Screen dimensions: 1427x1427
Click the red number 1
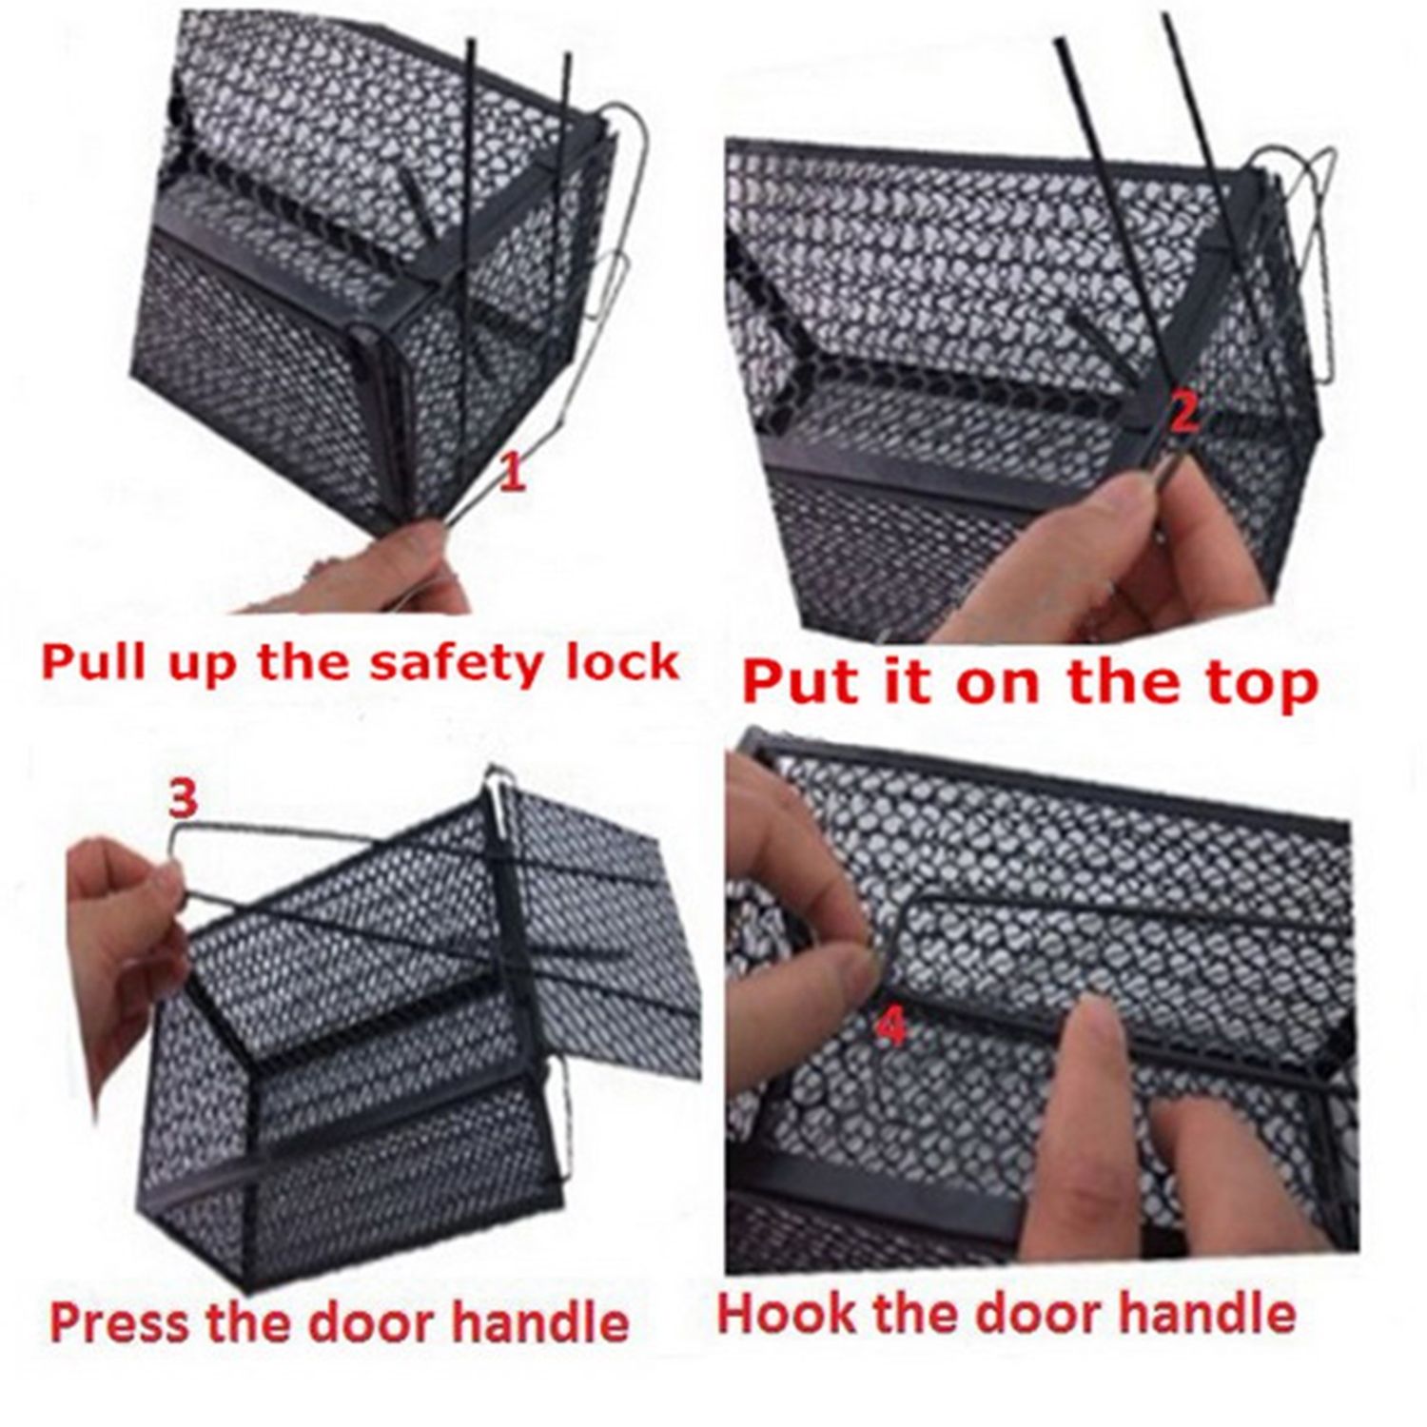click(512, 473)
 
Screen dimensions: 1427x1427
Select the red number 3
click(183, 798)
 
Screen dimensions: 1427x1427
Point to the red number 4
click(891, 1028)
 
